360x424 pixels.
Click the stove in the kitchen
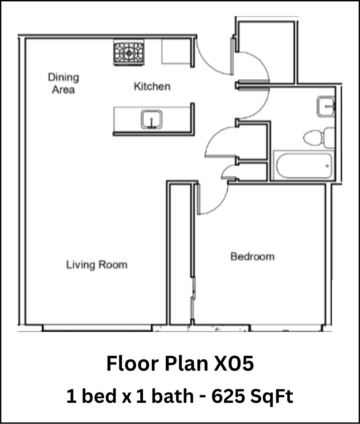pyautogui.click(x=129, y=53)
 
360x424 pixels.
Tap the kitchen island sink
pyautogui.click(x=152, y=119)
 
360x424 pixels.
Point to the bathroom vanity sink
pyautogui.click(x=326, y=106)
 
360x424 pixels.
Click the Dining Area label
pyautogui.click(x=63, y=83)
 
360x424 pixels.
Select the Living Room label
pyautogui.click(x=97, y=265)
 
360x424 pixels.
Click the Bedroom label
pyautogui.click(x=252, y=257)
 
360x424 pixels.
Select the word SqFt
pyautogui.click(x=273, y=397)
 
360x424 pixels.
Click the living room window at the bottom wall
pyautogui.click(x=97, y=327)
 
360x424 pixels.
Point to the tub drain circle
pyautogui.click(x=328, y=166)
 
